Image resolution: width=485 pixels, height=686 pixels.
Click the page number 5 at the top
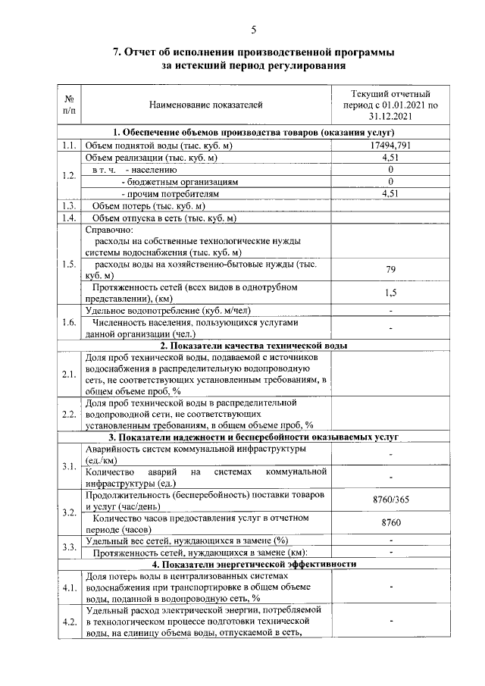click(253, 30)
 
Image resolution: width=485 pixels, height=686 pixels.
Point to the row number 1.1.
click(69, 146)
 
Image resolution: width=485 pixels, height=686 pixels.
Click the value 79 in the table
click(390, 270)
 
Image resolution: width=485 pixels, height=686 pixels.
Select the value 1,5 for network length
click(390, 293)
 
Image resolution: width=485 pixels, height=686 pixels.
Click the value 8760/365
click(390, 500)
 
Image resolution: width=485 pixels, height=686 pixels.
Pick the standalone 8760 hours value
click(390, 523)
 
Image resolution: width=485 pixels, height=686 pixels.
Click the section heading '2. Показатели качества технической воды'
click(248, 346)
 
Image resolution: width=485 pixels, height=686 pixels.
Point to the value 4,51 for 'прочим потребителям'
click(390, 194)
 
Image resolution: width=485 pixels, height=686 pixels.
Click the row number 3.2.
click(69, 512)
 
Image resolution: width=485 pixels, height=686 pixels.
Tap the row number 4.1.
click(69, 587)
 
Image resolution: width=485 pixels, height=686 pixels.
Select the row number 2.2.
click(69, 414)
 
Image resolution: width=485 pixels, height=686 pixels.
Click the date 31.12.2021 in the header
click(390, 116)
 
